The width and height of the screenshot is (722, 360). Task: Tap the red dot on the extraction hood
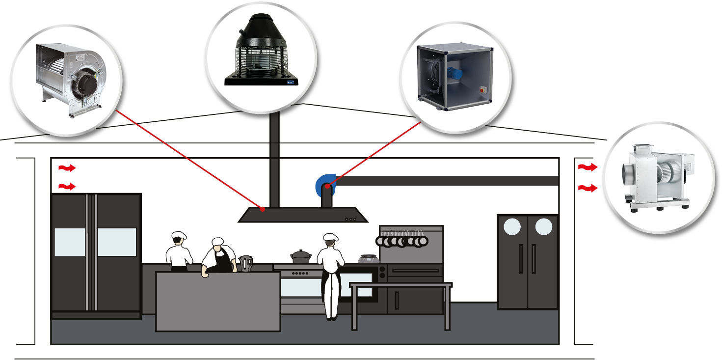coord(263,209)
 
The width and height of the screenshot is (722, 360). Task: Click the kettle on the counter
coord(245,263)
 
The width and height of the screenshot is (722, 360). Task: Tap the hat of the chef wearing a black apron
coord(217,241)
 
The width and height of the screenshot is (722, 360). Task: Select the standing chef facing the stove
coord(331,275)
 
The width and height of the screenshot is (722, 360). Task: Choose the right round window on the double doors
coord(543,227)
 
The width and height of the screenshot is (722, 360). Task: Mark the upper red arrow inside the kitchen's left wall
coord(67,168)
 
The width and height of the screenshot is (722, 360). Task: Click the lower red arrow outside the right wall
coord(587,188)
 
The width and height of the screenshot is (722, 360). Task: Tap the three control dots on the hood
coord(350,219)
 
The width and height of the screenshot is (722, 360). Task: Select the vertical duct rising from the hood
coord(274,157)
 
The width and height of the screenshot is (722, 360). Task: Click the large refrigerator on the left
coord(96,255)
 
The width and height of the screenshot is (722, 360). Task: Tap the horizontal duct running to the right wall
coord(447,181)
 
